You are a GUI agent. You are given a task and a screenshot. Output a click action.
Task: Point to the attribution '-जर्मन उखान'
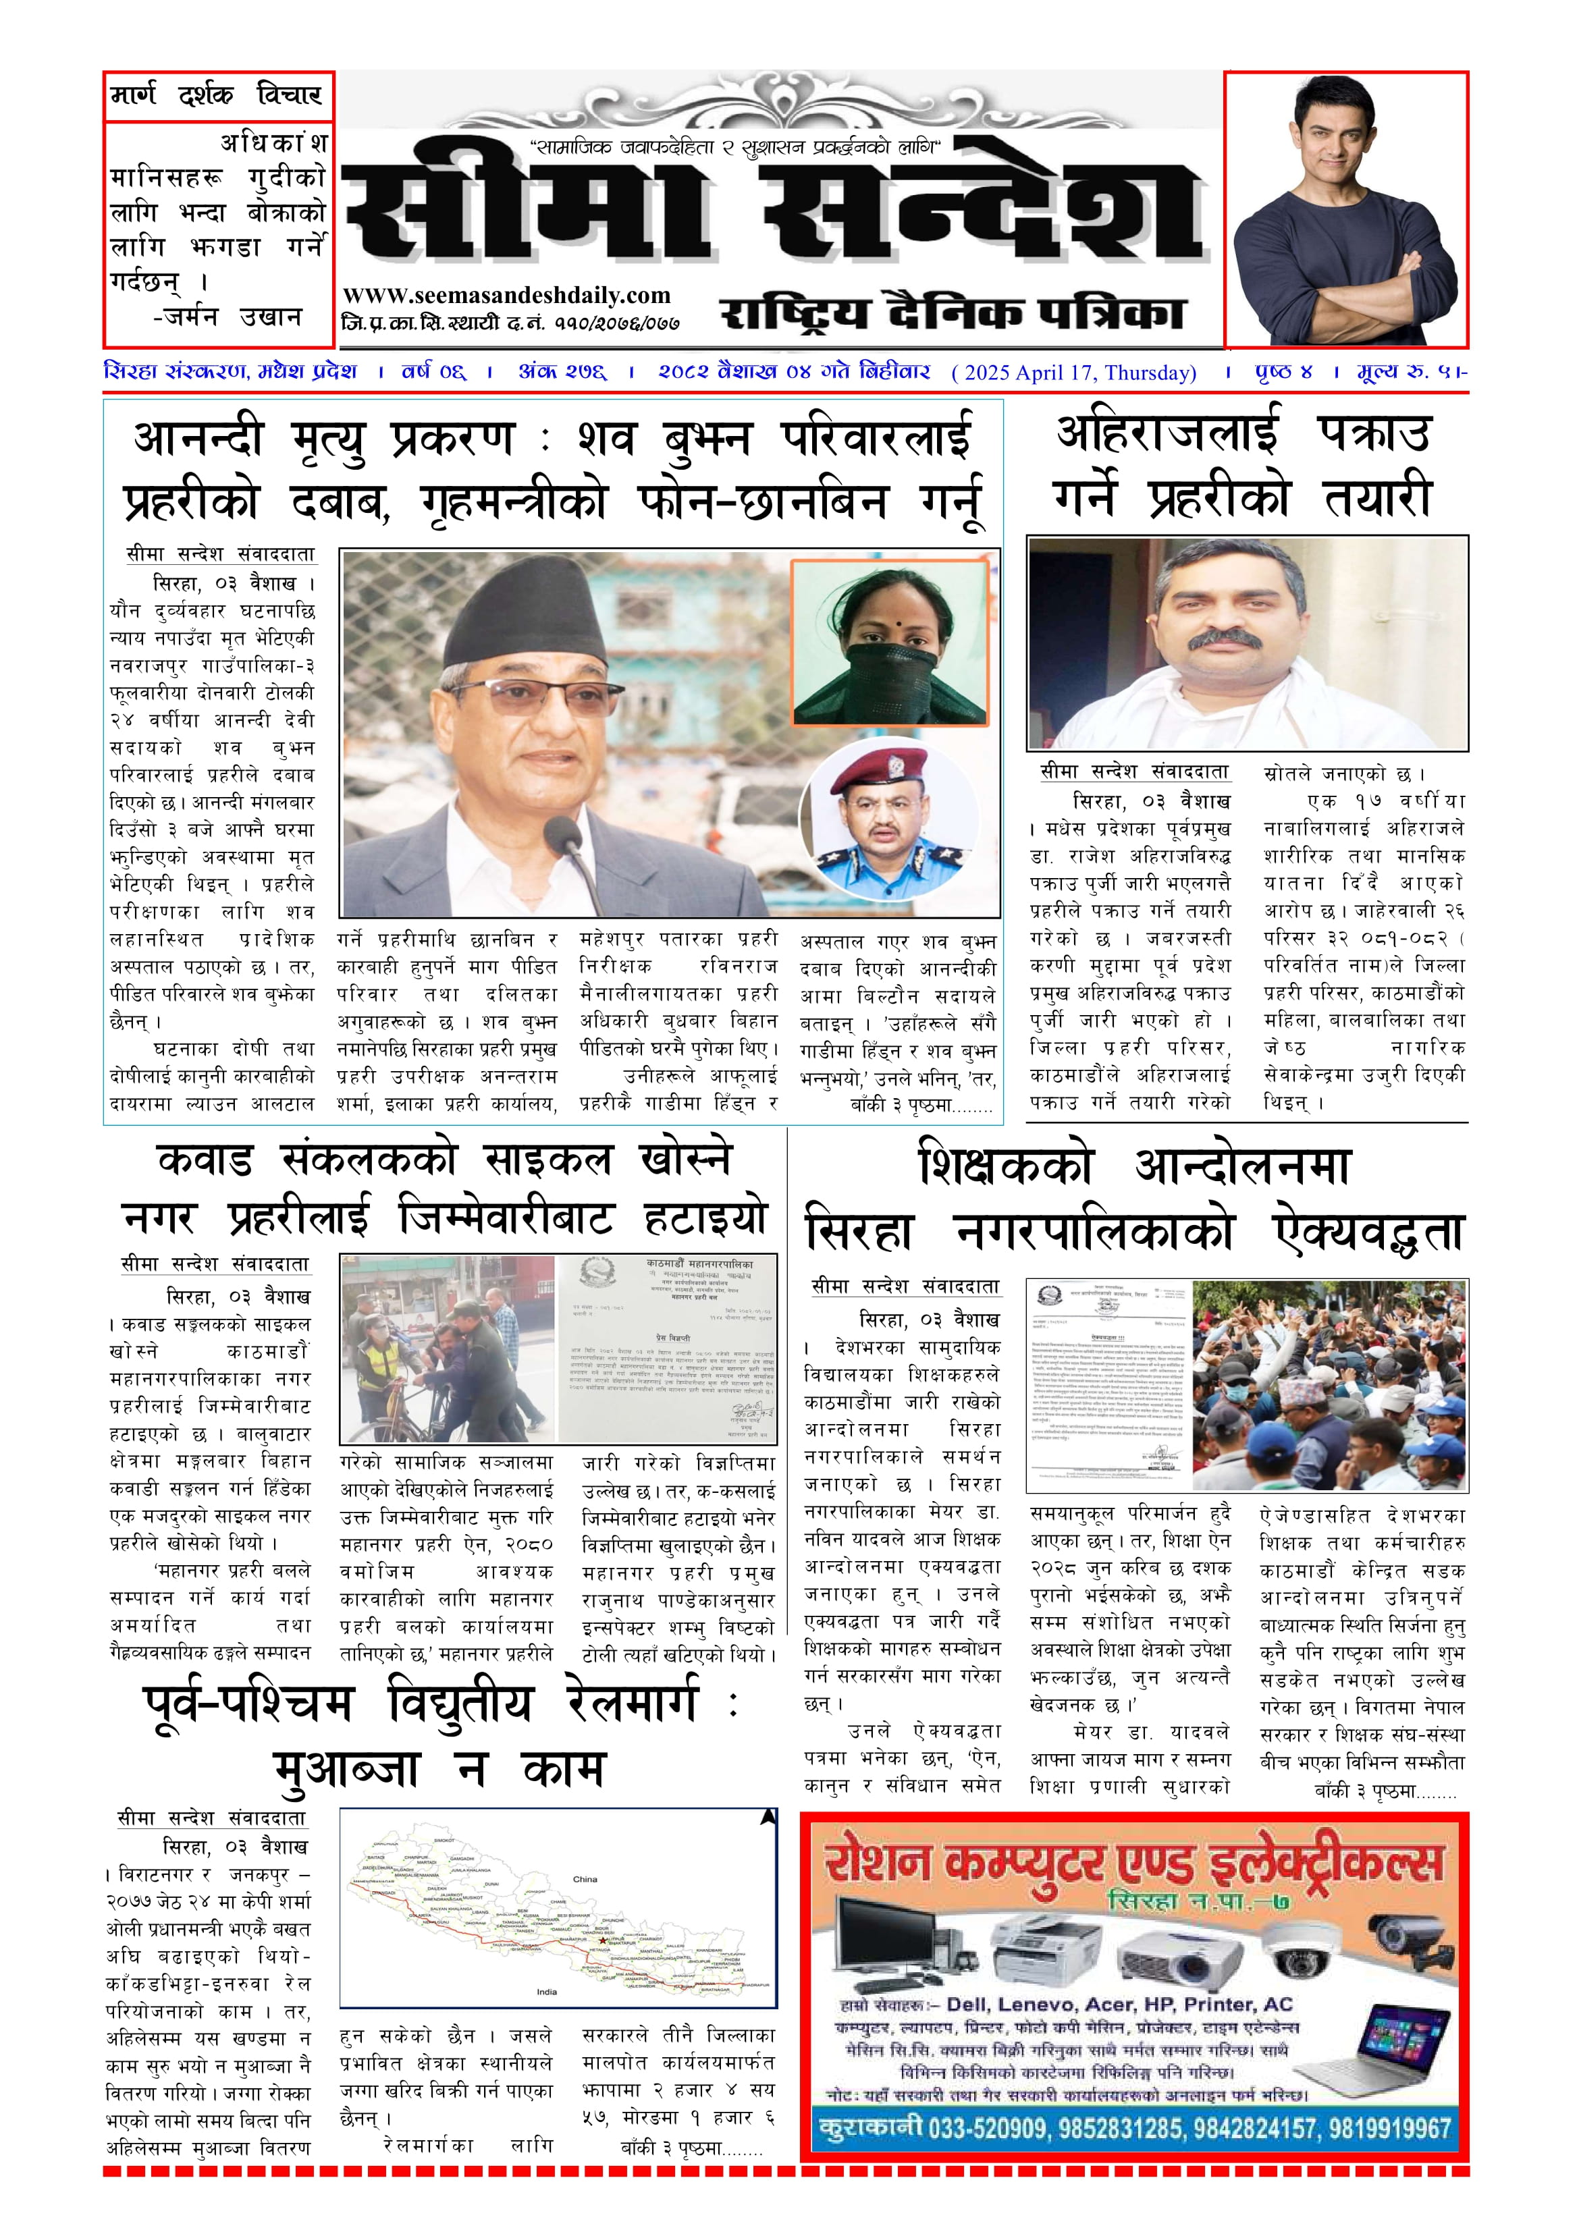[x=228, y=317]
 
